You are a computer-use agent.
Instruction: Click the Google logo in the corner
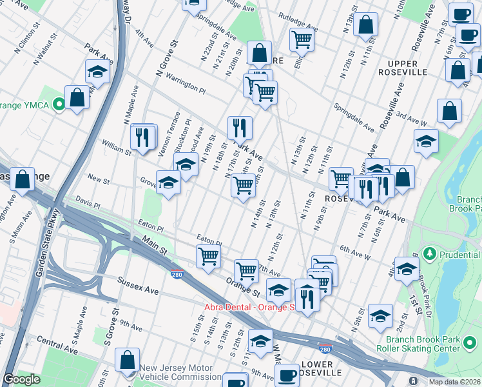[x=21, y=379]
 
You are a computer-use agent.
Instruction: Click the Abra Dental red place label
[x=249, y=307]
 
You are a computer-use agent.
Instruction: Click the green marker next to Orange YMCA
[x=59, y=103]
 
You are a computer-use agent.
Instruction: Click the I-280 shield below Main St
[x=177, y=274]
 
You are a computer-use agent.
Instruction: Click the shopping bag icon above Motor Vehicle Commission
[x=128, y=360]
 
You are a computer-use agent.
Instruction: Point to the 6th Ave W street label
[x=355, y=252]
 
